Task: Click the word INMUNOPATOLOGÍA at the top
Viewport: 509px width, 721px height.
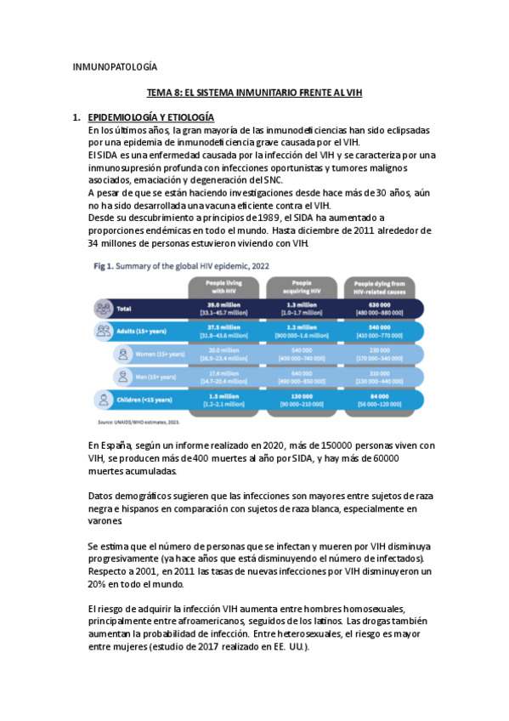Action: point(115,66)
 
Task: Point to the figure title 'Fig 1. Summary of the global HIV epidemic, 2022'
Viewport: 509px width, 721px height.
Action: point(181,265)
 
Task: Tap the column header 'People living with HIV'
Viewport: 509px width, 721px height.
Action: point(221,287)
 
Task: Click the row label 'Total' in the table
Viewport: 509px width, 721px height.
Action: point(124,308)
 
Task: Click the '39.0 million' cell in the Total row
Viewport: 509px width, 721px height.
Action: point(221,304)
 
